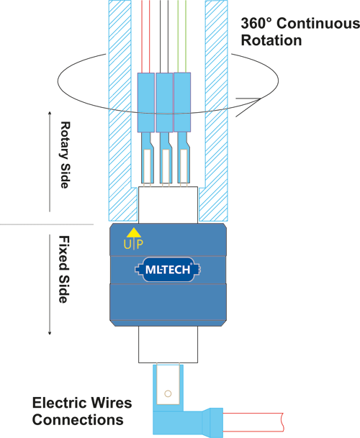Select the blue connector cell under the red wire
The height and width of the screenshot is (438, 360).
point(146,101)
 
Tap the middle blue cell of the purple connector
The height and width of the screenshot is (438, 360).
point(165,101)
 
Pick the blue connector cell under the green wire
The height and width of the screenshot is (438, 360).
point(183,101)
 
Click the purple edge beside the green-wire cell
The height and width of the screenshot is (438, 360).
point(194,101)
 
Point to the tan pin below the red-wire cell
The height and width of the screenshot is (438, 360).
point(147,165)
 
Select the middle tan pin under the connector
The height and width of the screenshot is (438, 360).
point(166,165)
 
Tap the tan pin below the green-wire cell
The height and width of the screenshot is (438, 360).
point(184,165)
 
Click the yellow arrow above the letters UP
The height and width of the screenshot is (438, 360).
point(132,232)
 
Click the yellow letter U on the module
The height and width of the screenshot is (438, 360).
point(127,244)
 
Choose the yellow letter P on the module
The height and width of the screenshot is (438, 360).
point(139,244)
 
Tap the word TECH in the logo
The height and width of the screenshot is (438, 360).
point(176,270)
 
